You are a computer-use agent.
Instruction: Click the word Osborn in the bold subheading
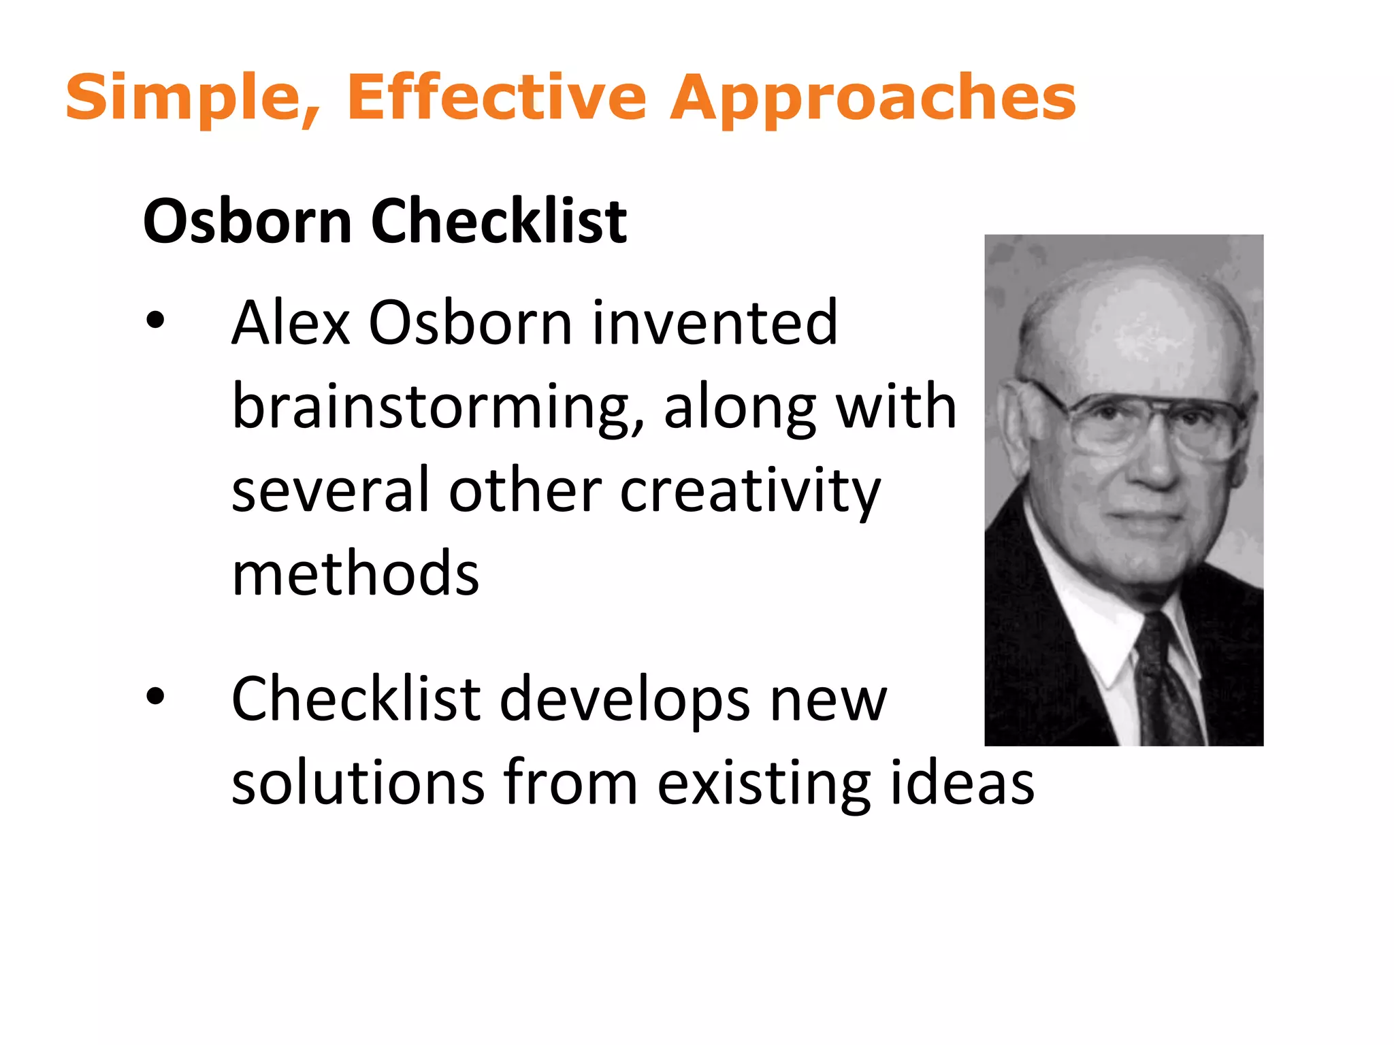click(x=247, y=221)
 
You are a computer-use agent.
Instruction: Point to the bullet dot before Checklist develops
click(x=155, y=696)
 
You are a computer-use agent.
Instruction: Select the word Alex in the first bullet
click(x=291, y=323)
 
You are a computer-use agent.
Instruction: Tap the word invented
click(x=714, y=323)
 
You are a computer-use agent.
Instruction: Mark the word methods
click(x=355, y=574)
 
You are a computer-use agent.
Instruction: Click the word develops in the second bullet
click(x=625, y=701)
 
